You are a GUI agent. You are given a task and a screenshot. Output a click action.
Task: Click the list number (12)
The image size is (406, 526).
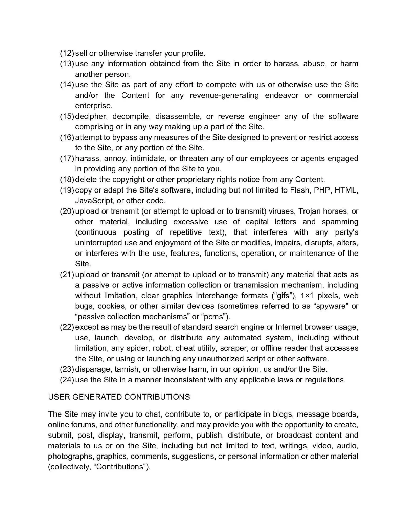(x=67, y=53)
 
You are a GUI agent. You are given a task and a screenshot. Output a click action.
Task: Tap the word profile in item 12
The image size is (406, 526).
(x=193, y=53)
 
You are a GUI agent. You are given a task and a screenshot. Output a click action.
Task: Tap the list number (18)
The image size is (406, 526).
(x=67, y=179)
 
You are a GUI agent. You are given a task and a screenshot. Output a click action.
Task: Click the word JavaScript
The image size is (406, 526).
(x=94, y=201)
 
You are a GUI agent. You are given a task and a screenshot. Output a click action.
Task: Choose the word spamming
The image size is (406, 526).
(x=340, y=222)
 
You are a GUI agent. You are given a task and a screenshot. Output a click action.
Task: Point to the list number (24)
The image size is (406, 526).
(x=67, y=380)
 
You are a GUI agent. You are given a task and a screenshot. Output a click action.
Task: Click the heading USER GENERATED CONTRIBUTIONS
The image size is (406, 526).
(x=119, y=397)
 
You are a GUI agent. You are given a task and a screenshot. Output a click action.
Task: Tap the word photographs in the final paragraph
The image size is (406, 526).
(x=71, y=456)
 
